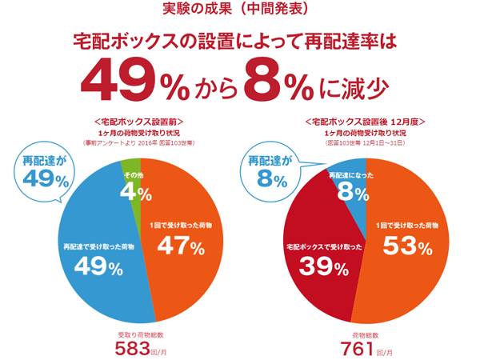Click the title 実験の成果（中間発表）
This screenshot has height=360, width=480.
click(x=240, y=10)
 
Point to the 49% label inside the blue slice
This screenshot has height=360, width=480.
click(x=98, y=267)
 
